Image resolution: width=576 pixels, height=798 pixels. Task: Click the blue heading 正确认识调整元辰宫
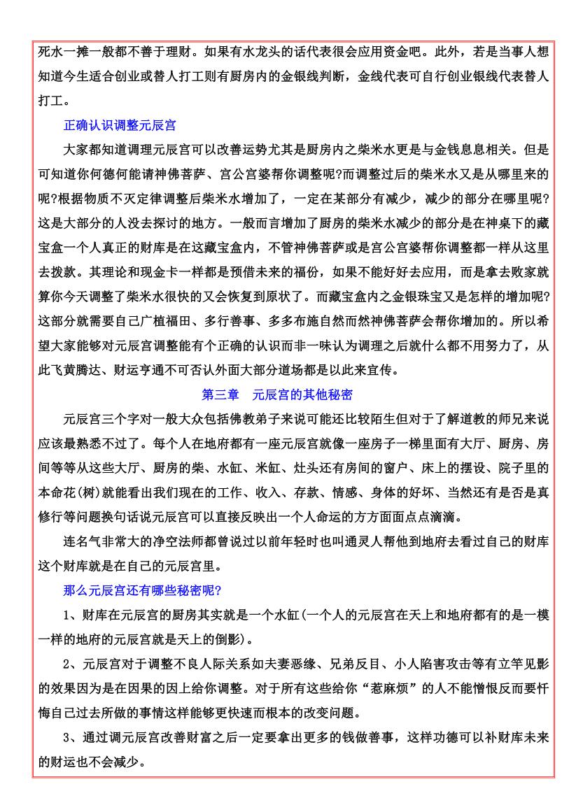119,126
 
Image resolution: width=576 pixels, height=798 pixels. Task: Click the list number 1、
71,615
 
